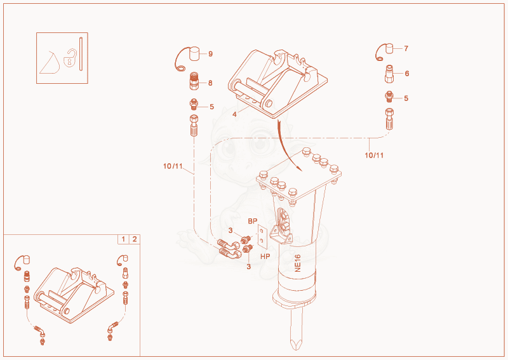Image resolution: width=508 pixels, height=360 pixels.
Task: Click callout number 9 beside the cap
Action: (x=211, y=54)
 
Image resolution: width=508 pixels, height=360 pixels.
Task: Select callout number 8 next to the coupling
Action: (x=210, y=83)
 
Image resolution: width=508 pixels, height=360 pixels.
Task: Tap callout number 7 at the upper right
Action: (x=406, y=48)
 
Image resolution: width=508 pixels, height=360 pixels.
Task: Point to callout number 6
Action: (x=407, y=74)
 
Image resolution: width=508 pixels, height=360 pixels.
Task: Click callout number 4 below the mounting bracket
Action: (x=234, y=114)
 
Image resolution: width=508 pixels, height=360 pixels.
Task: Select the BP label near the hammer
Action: (x=253, y=221)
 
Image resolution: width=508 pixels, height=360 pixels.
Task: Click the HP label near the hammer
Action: (x=265, y=257)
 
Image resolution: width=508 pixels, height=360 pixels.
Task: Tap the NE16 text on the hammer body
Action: (x=298, y=263)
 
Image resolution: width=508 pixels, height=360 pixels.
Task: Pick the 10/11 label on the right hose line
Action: (x=374, y=155)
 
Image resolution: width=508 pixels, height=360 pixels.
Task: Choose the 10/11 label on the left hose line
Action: (x=173, y=166)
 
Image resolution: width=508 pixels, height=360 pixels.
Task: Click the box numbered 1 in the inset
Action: (x=123, y=239)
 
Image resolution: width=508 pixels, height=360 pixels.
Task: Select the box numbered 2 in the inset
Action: (x=135, y=239)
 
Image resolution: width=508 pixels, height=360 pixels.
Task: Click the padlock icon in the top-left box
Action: (x=70, y=58)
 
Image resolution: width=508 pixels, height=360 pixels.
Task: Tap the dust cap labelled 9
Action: (x=194, y=53)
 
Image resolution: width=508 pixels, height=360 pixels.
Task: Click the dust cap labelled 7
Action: (x=389, y=49)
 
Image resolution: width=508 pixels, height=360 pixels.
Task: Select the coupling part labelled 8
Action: (x=194, y=81)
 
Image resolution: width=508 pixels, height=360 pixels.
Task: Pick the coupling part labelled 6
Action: (x=389, y=74)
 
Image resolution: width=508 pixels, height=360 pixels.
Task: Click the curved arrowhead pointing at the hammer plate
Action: (x=299, y=168)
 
